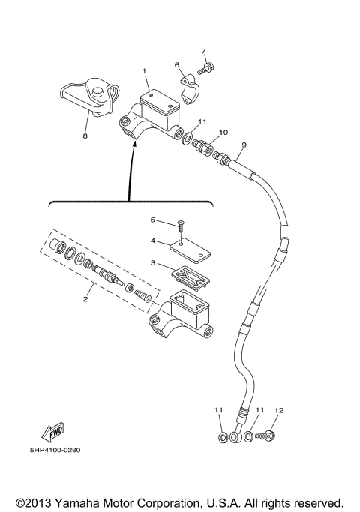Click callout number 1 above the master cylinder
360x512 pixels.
pos(145,71)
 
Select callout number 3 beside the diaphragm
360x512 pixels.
pos(152,263)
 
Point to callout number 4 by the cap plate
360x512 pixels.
pos(152,241)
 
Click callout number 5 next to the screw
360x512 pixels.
pos(152,220)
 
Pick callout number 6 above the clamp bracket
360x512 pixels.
pos(177,66)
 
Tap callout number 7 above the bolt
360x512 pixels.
pos(203,51)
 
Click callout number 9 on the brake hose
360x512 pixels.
pos(243,144)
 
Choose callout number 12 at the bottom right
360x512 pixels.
pos(280,410)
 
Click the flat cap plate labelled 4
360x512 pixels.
pos(187,244)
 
